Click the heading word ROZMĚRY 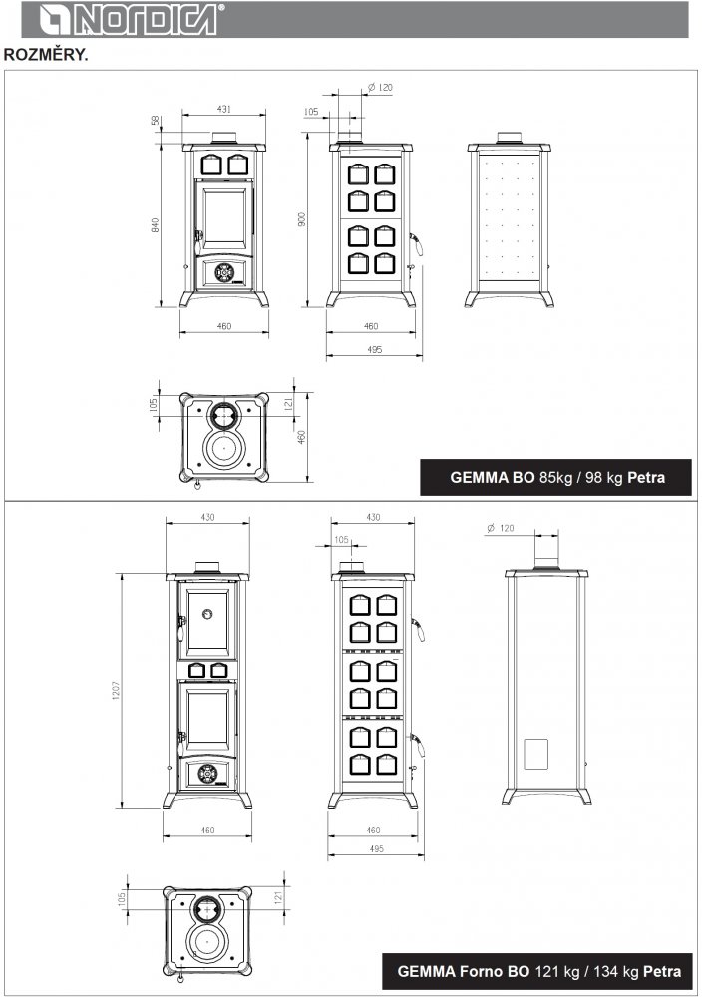[46, 55]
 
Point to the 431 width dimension [223, 109]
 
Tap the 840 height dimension [156, 225]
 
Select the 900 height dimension [302, 219]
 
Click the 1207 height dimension [116, 691]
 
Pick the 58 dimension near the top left [156, 121]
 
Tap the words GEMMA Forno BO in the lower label [463, 971]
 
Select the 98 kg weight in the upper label [603, 477]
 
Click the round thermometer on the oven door [207, 614]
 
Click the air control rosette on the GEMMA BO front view [223, 273]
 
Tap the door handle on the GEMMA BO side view [417, 243]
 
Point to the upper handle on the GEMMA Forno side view [419, 629]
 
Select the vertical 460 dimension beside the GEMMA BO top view [301, 437]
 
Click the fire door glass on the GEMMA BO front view [223, 215]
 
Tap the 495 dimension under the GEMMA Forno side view [376, 848]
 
